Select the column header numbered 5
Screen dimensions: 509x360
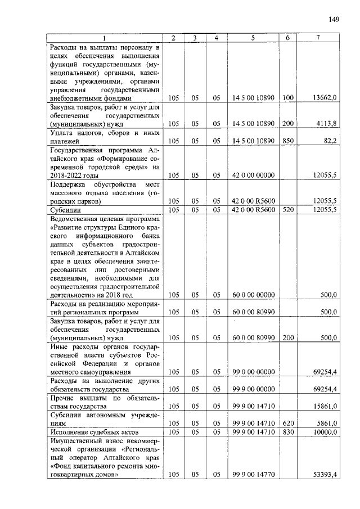(x=253, y=38)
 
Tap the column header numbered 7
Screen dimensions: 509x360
(x=318, y=38)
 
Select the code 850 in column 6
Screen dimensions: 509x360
(x=288, y=141)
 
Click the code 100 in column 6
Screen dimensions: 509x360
(x=288, y=98)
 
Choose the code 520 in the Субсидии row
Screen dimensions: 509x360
(x=288, y=210)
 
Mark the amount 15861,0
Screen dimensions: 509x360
(x=325, y=406)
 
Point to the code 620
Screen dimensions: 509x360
(x=288, y=424)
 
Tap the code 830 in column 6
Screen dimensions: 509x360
(x=288, y=432)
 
